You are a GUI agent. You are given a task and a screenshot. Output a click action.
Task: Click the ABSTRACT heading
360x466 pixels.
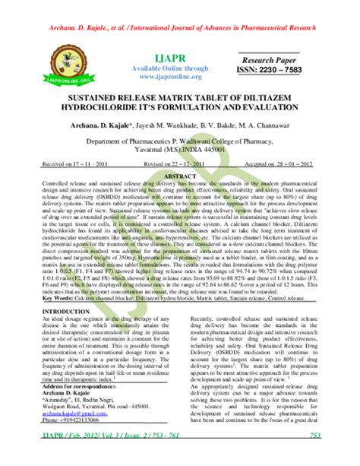coord(180,171)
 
